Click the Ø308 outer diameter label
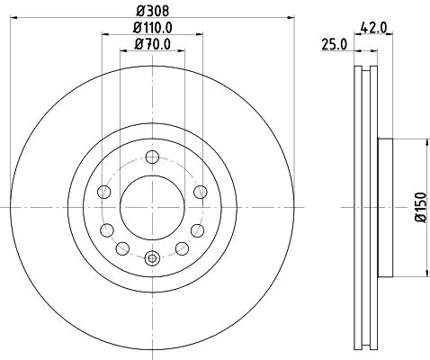point(153,12)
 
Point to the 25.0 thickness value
point(333,43)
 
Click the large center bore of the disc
point(152,207)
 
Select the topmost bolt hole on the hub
point(152,157)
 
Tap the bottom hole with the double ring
point(152,258)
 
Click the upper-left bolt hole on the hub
point(104,192)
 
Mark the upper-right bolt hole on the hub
point(200,192)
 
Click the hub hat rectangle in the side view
point(385,207)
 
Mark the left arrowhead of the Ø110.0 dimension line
point(105,33)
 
